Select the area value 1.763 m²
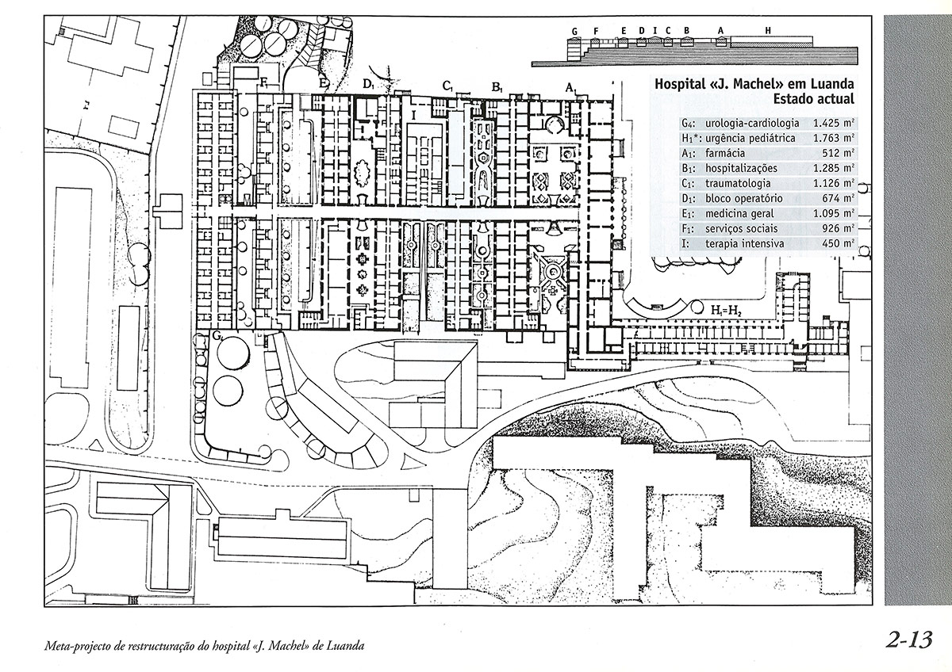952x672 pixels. (x=832, y=139)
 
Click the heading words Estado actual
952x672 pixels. (x=814, y=99)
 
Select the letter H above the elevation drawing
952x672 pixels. (x=768, y=29)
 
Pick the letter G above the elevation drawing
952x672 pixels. (x=574, y=29)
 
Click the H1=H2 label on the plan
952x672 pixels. (x=727, y=309)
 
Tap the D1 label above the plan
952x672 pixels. (x=368, y=83)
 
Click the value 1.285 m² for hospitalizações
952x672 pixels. (x=832, y=169)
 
